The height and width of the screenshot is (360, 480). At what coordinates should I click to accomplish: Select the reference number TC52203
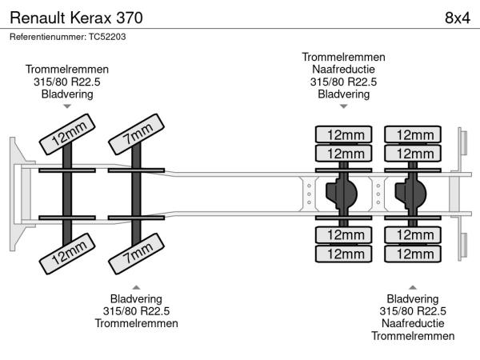click(107, 37)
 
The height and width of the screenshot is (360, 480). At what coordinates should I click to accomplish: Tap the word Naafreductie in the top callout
click(343, 70)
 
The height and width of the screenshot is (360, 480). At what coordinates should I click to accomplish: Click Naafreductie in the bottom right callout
click(413, 323)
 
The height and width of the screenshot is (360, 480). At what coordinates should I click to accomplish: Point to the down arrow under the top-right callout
click(343, 107)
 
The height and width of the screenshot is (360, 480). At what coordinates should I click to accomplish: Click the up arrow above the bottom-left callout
click(136, 286)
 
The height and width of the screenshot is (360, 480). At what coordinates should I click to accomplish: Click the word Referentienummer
click(47, 37)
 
